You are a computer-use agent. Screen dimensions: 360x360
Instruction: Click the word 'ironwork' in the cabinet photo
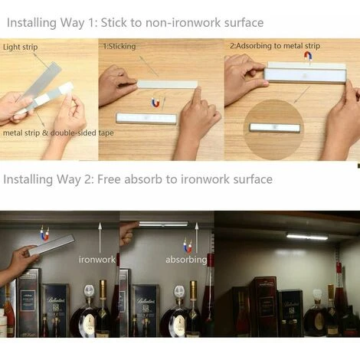97,260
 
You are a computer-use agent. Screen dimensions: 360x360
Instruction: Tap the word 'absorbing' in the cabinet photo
186,260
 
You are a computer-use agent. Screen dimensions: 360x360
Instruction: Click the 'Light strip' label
21,47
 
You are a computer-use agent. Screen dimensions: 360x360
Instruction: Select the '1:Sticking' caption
119,46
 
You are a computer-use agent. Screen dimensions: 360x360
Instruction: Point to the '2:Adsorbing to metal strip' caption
275,46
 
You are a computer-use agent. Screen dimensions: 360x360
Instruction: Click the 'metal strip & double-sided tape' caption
58,133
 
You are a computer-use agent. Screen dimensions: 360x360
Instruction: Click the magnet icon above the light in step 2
308,56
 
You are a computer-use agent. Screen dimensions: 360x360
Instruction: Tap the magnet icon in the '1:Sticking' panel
155,103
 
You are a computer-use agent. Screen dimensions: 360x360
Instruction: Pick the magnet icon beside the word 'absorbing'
188,245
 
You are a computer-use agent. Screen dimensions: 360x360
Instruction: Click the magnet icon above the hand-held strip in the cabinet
44,233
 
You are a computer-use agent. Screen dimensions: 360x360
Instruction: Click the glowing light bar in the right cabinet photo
307,237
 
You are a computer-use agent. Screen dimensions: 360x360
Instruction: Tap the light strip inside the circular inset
274,128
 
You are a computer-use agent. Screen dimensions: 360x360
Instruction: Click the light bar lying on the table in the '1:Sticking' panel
146,119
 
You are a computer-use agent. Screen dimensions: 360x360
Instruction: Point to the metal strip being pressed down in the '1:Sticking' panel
168,84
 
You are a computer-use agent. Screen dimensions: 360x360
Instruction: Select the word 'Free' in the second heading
109,179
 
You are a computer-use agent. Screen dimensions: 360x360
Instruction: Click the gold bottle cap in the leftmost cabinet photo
103,289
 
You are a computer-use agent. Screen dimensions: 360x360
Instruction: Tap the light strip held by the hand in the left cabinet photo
51,245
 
